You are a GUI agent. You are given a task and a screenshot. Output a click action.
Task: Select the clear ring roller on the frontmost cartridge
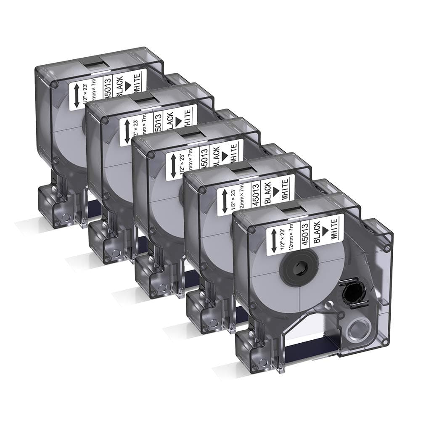click(356, 327)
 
